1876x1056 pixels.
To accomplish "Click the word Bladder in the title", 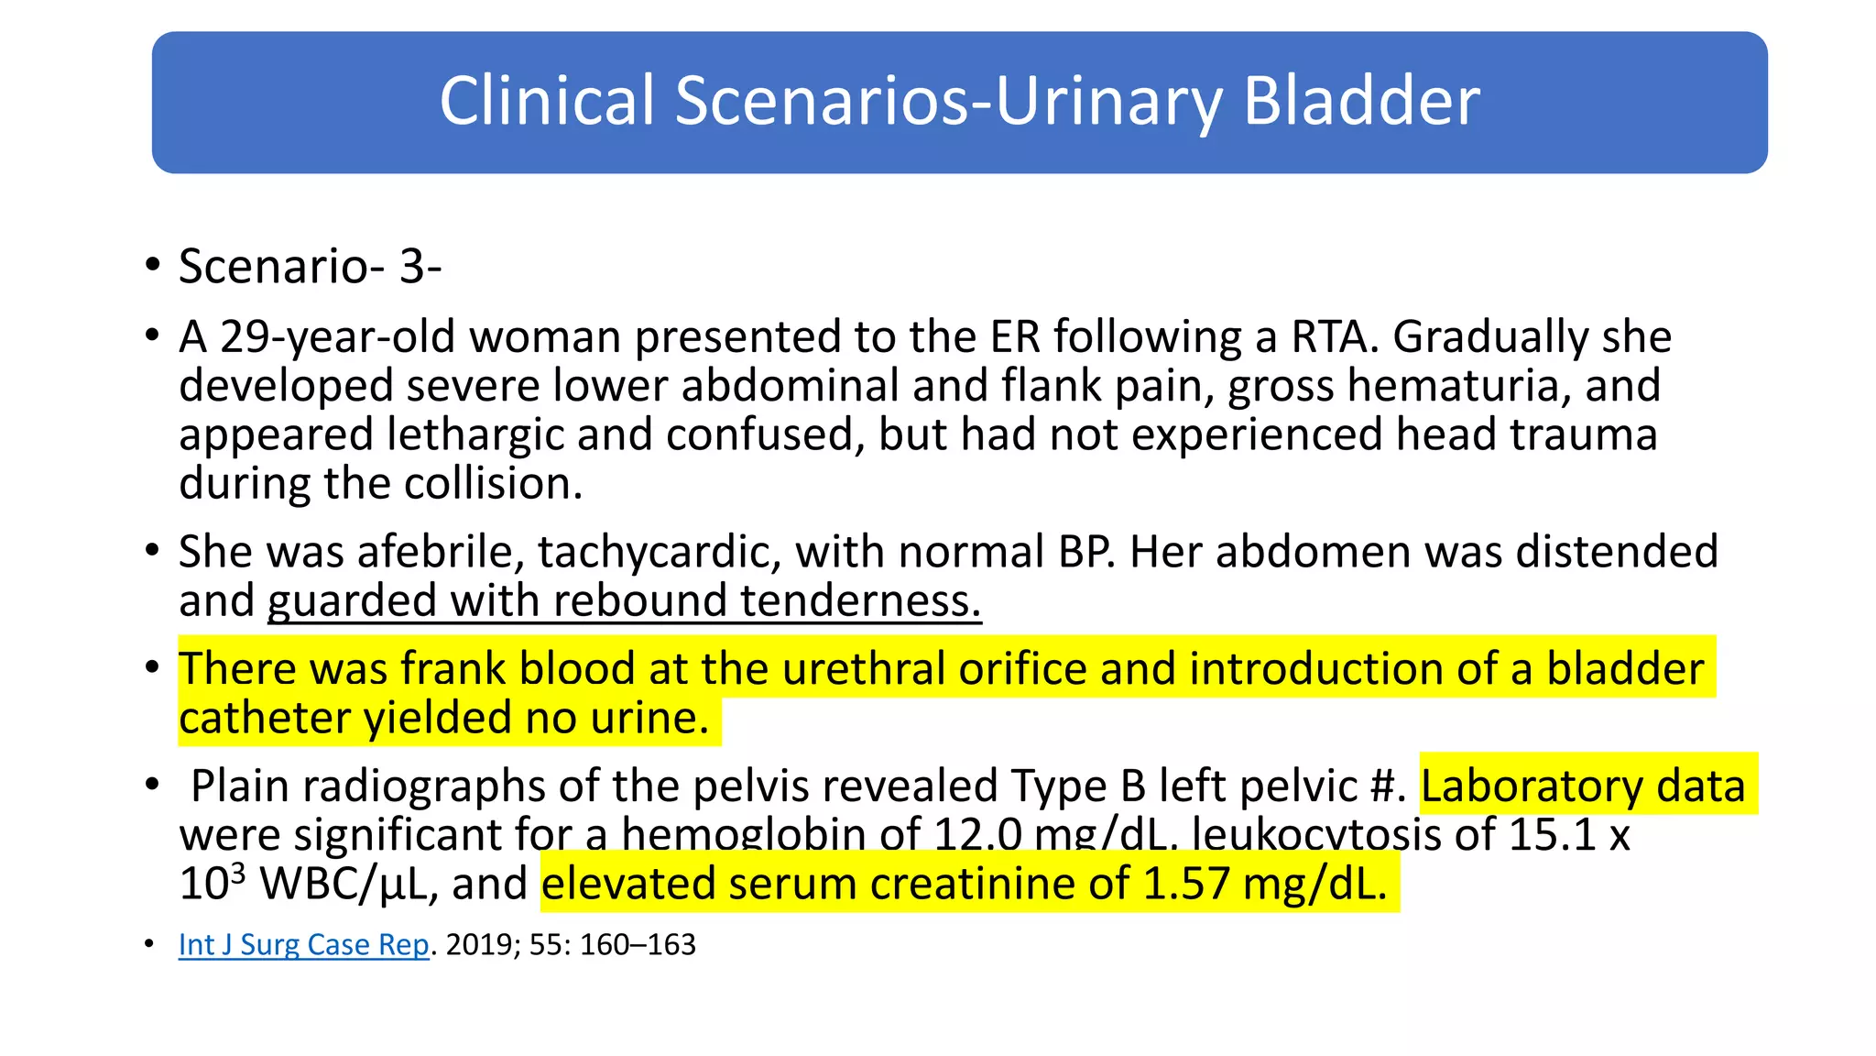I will (1361, 101).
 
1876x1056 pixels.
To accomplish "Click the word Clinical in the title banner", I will (547, 101).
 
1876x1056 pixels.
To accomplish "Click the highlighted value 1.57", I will (1185, 884).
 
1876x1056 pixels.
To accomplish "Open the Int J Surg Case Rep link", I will (303, 945).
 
